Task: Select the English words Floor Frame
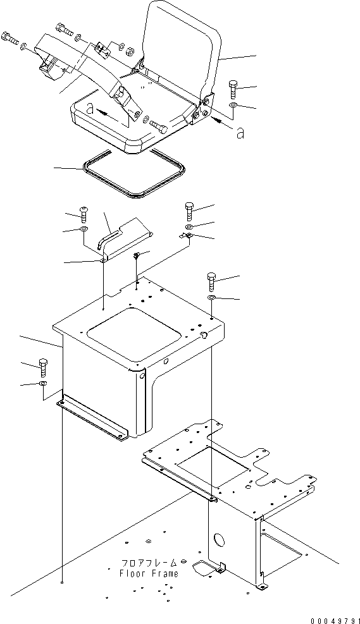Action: (149, 573)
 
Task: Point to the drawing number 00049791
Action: (335, 620)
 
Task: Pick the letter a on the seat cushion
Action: (91, 109)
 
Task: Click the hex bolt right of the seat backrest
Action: (233, 89)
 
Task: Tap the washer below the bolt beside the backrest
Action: (233, 105)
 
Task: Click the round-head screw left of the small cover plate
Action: (84, 214)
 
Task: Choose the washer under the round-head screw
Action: (84, 229)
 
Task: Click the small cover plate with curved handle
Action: (125, 238)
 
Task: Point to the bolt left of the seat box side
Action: (43, 367)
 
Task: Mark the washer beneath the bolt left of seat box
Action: (43, 383)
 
